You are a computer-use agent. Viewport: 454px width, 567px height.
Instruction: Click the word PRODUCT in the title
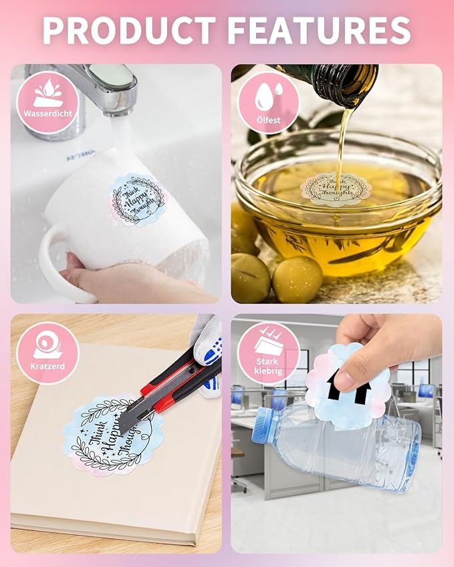tap(128, 30)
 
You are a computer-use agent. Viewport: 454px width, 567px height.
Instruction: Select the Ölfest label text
tap(267, 121)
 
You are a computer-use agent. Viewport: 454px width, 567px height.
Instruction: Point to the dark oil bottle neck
tap(341, 83)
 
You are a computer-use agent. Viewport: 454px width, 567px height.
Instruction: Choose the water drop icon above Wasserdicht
tap(47, 92)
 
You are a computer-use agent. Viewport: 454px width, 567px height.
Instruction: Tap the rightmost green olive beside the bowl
tap(297, 279)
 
